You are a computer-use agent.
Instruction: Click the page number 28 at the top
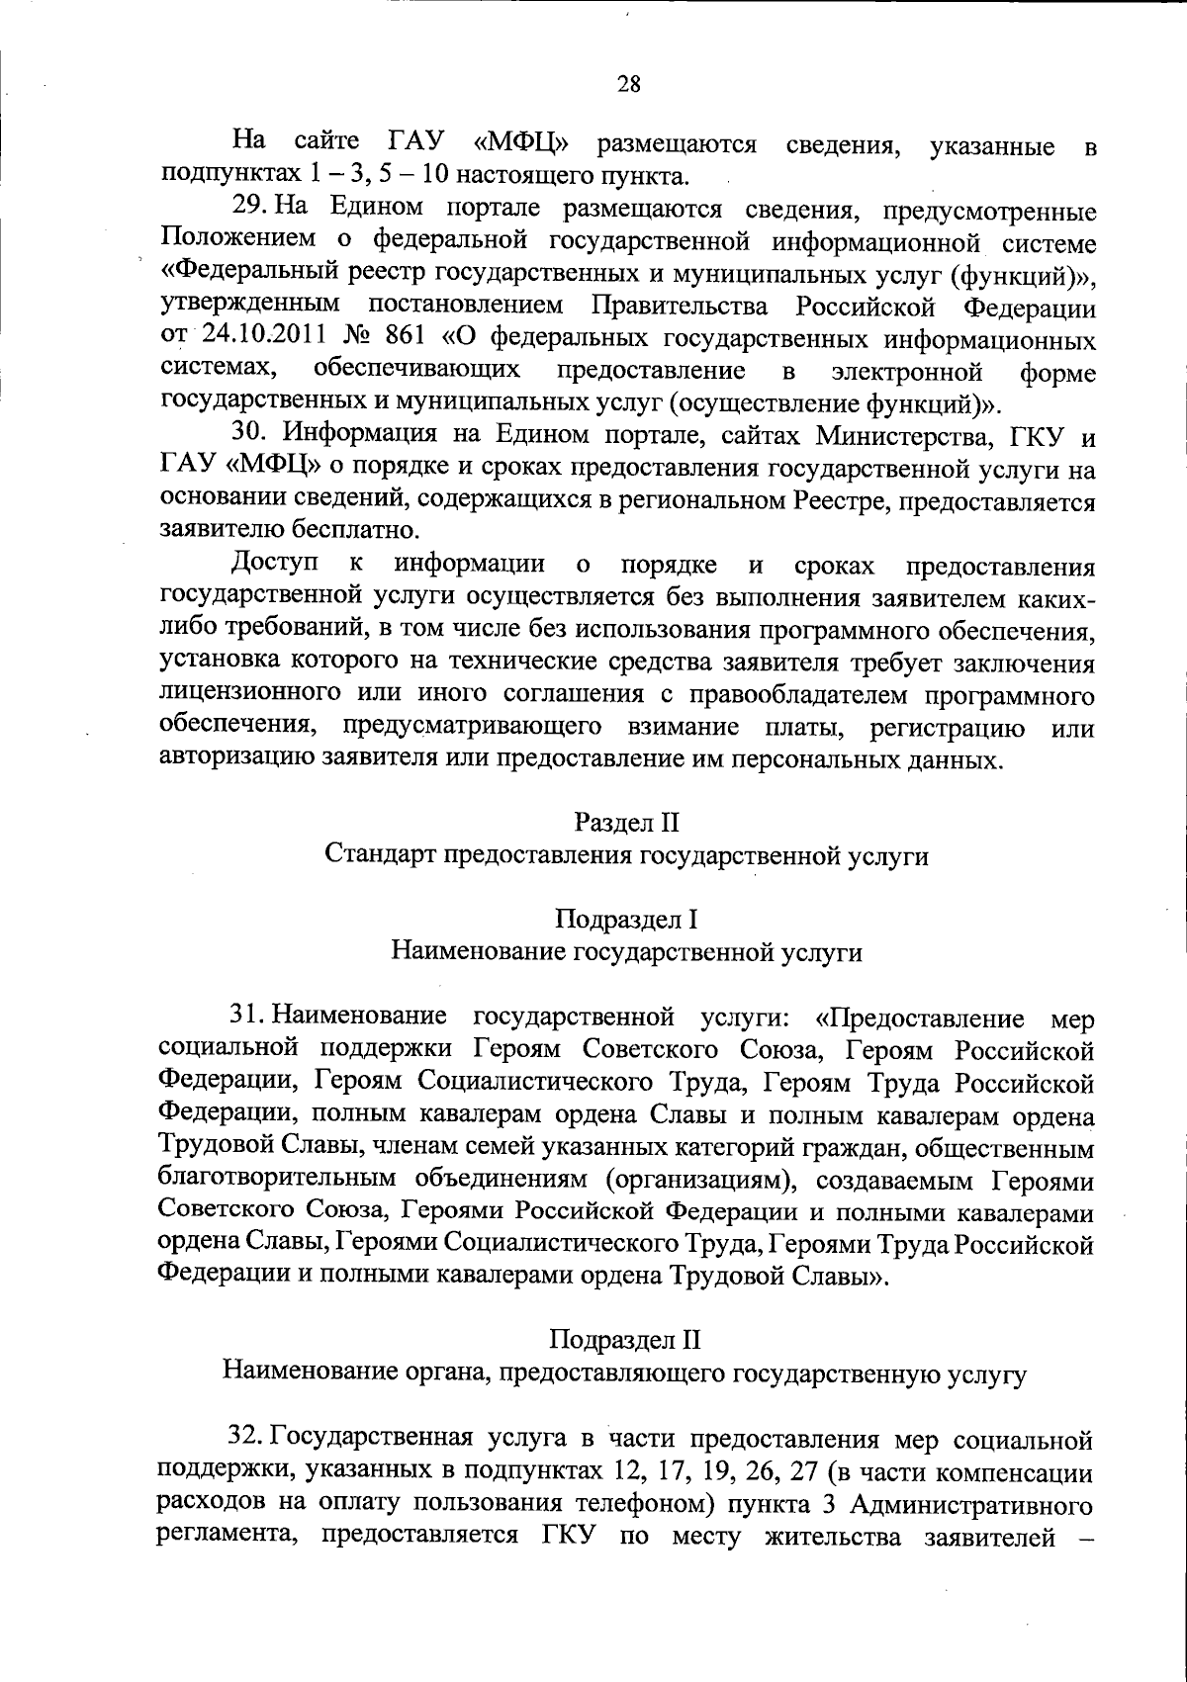tap(628, 85)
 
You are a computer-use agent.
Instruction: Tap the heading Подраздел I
tap(626, 920)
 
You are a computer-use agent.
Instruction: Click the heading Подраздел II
tap(625, 1341)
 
